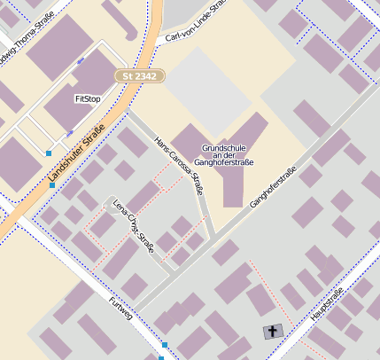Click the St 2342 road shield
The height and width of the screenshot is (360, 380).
[x=139, y=77]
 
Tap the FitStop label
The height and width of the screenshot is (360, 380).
[x=88, y=98]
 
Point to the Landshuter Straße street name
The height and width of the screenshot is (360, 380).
[x=76, y=153]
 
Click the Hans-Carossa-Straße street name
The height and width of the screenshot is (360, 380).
[x=179, y=165]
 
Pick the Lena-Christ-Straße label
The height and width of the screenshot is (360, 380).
[x=134, y=227]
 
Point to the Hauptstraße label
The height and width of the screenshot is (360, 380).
[x=327, y=304]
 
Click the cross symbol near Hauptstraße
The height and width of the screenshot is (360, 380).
[x=272, y=332]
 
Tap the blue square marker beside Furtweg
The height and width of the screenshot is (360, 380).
[x=165, y=344]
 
